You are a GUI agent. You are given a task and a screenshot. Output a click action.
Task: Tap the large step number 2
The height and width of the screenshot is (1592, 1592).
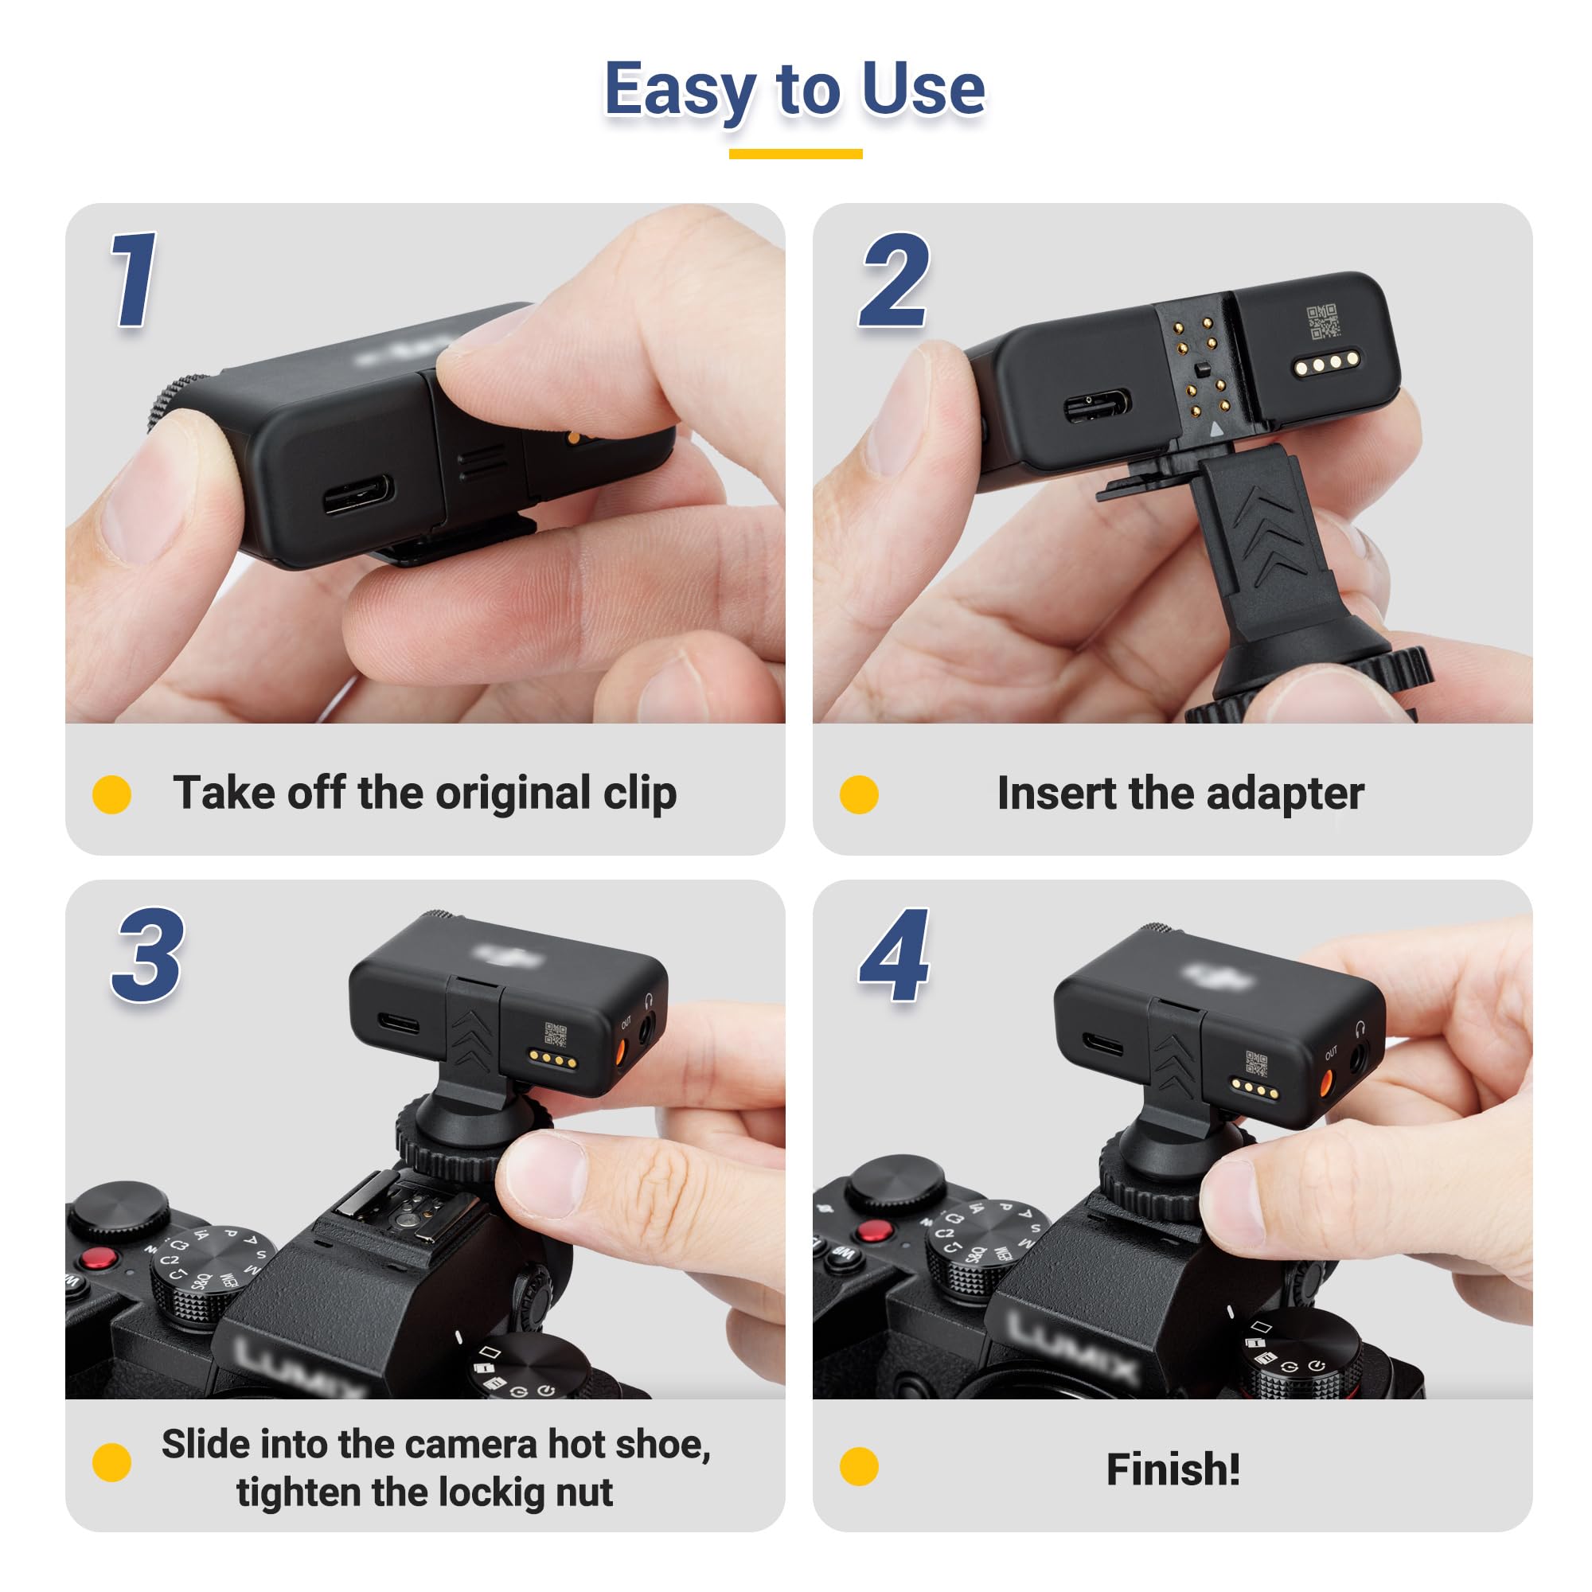pyautogui.click(x=894, y=280)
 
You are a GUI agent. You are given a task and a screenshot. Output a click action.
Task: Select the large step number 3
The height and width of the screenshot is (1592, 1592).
pyautogui.click(x=148, y=956)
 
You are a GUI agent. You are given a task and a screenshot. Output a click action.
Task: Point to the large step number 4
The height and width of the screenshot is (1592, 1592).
pyautogui.click(x=894, y=956)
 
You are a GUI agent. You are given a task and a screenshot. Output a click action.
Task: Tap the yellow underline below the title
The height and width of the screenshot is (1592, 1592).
pyautogui.click(x=795, y=154)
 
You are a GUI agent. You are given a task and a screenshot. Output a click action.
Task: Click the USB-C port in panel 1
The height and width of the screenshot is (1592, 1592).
pyautogui.click(x=357, y=494)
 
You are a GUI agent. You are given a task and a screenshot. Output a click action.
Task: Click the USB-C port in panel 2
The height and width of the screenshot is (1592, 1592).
pyautogui.click(x=1096, y=405)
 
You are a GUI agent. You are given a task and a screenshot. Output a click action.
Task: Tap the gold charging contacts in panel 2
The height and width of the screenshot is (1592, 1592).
pyautogui.click(x=1326, y=362)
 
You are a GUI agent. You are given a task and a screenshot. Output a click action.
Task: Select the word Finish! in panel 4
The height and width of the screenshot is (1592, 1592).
pyautogui.click(x=1173, y=1470)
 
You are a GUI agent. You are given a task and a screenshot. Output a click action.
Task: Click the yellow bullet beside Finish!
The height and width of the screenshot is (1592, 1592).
pyautogui.click(x=859, y=1467)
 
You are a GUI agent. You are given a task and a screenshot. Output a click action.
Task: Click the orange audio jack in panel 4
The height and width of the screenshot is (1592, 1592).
pyautogui.click(x=1328, y=1083)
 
